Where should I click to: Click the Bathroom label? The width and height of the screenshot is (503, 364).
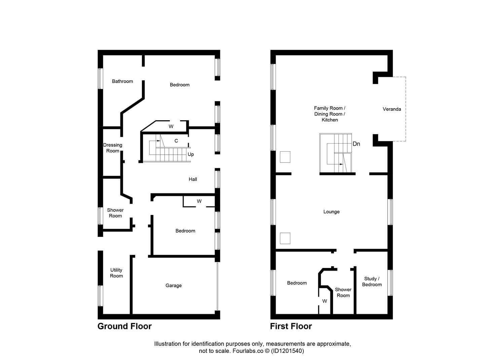point(122,81)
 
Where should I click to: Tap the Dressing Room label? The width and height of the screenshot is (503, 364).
point(113,148)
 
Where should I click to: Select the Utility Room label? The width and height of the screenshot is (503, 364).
point(116,273)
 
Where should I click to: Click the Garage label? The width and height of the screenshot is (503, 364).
point(173,285)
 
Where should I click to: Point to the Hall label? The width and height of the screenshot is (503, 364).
point(193,179)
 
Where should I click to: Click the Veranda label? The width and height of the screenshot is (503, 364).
point(392,109)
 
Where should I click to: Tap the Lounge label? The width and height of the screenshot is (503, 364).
point(331,212)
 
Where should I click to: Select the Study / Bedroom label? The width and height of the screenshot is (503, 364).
point(372,282)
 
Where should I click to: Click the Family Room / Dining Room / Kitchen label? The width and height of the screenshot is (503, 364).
point(330,114)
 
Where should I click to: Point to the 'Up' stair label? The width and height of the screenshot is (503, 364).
point(191,154)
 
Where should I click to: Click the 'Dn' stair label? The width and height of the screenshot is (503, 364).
point(356,144)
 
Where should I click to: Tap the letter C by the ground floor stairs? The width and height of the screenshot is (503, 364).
point(176,141)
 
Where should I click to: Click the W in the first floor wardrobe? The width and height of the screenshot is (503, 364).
point(325,301)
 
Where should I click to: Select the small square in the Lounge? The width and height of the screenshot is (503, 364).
point(285,238)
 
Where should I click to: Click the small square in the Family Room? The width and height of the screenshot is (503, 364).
point(285,157)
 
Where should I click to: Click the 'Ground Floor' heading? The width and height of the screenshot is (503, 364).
point(124,326)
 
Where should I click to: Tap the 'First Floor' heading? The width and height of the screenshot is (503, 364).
point(291,326)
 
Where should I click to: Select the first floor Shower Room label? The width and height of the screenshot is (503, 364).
point(343,293)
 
